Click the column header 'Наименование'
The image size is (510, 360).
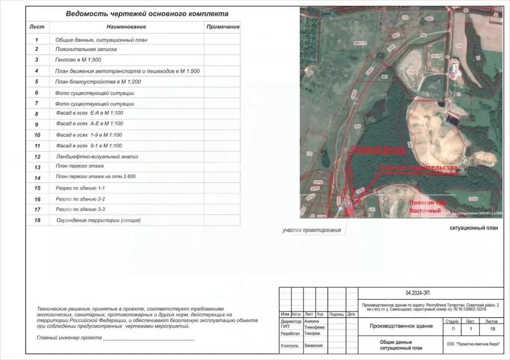[126, 26]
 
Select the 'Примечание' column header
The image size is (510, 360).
[223, 26]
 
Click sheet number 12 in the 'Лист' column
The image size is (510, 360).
[37, 156]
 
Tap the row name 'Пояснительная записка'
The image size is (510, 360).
[86, 49]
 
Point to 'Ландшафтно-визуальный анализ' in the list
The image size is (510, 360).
[97, 156]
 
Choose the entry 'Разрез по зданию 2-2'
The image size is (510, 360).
[80, 199]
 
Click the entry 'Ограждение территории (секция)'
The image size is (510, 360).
[98, 220]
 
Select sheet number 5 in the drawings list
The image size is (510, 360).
[37, 82]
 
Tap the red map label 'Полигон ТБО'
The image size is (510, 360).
[425, 203]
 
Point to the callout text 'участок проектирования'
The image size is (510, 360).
[311, 230]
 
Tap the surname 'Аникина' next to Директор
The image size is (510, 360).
[314, 321]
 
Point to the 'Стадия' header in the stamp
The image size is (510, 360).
[452, 322]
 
